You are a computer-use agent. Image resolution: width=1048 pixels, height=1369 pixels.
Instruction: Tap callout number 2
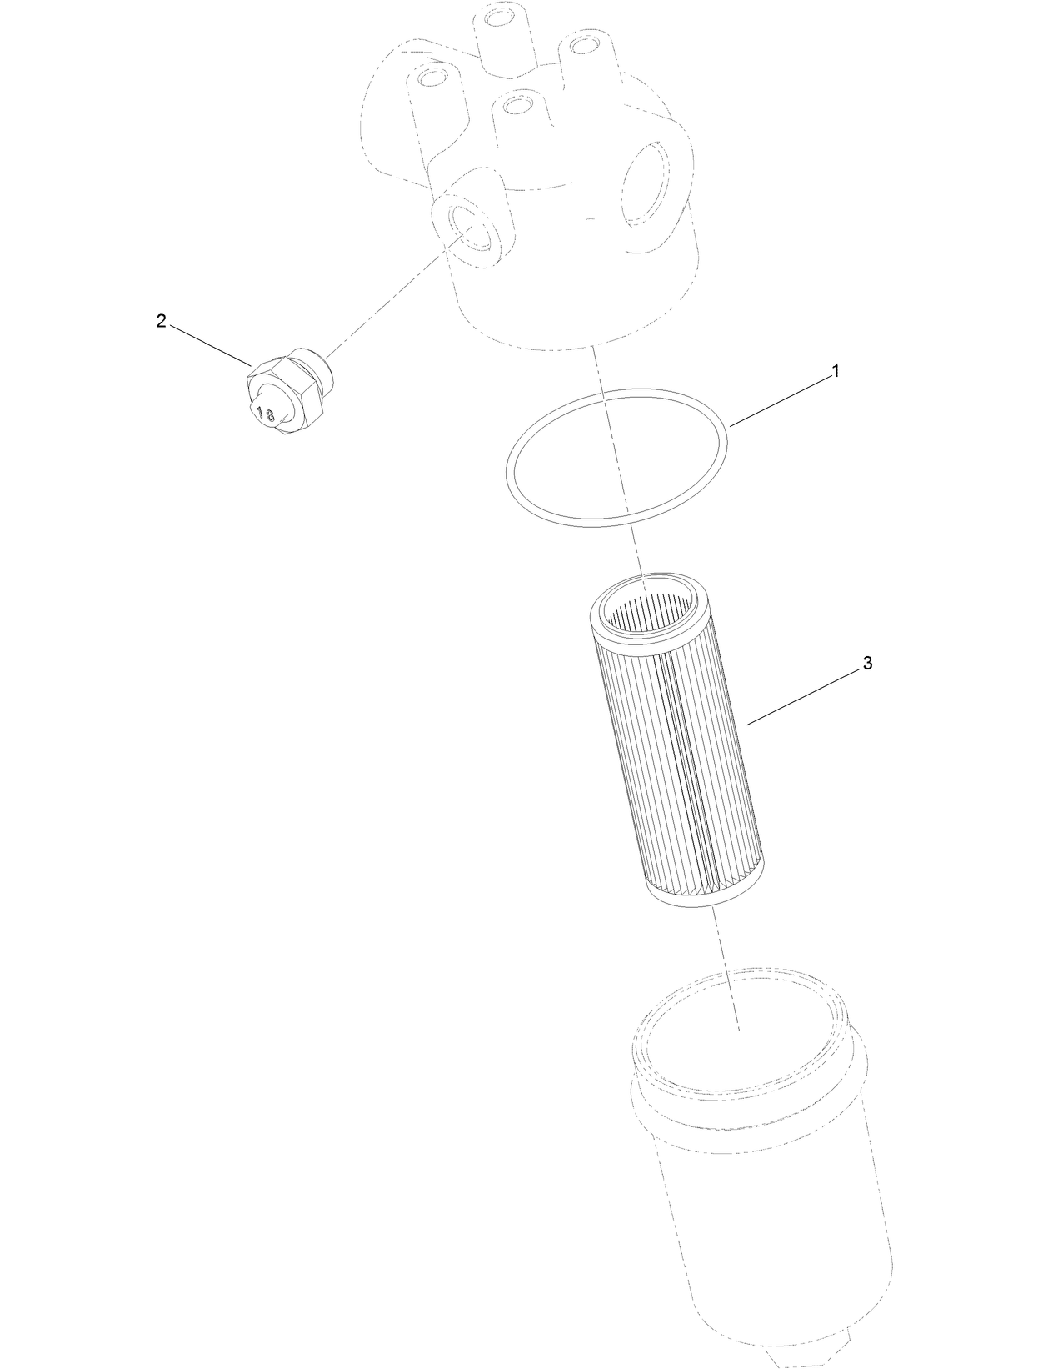tap(162, 321)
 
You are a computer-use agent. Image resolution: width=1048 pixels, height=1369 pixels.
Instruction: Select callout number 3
tap(867, 664)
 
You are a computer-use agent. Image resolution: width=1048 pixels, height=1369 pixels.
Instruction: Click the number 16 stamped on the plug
tap(266, 413)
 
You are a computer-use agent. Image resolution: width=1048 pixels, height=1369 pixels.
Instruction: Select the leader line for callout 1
tap(779, 400)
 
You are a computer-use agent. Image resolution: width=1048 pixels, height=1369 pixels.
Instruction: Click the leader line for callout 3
tap(804, 696)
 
